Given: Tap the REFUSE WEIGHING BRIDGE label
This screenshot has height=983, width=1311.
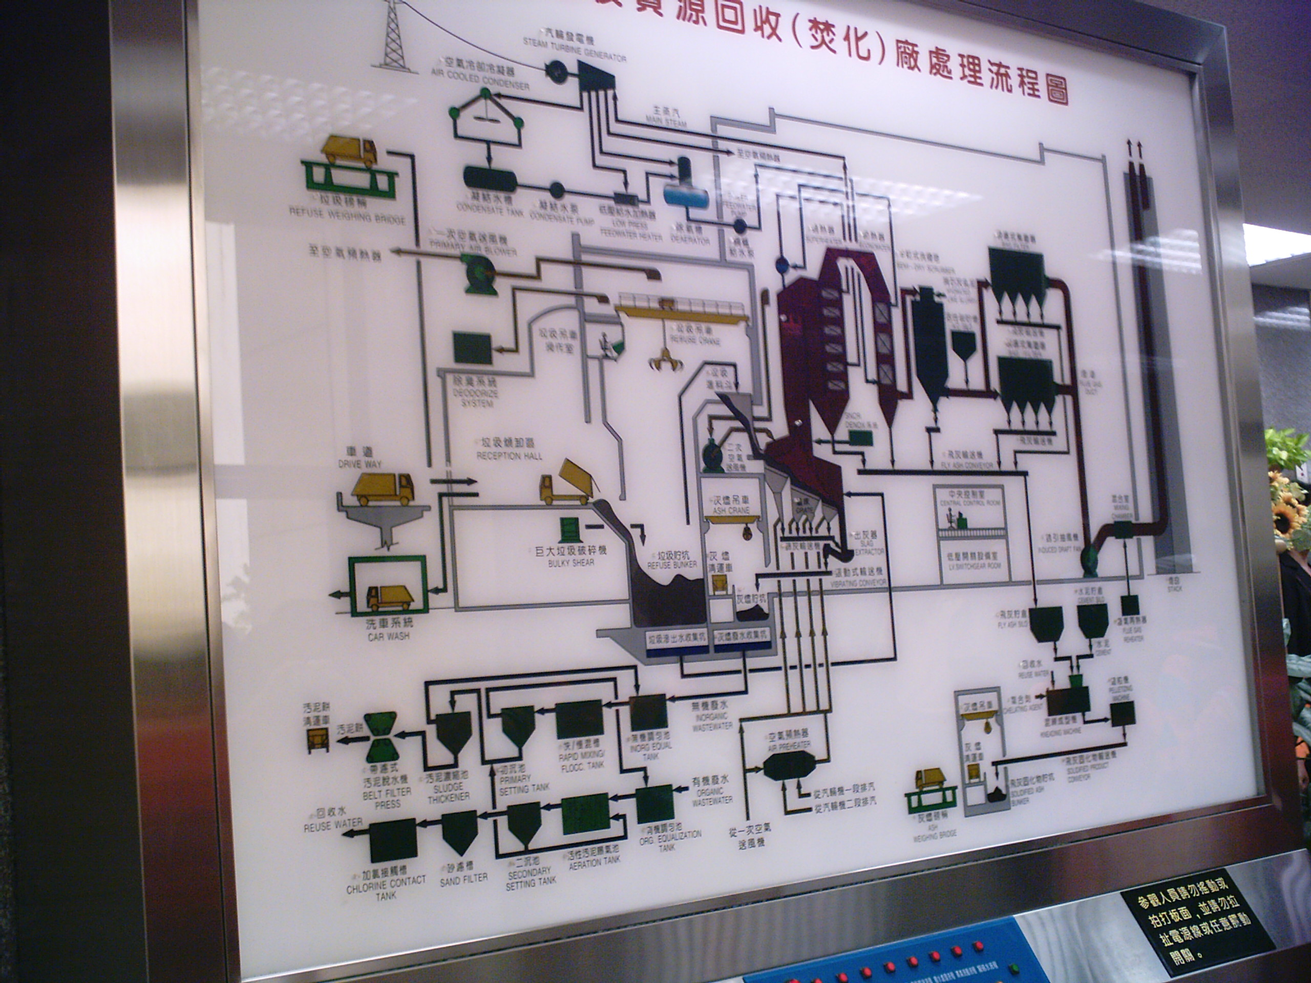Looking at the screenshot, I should tap(347, 215).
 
